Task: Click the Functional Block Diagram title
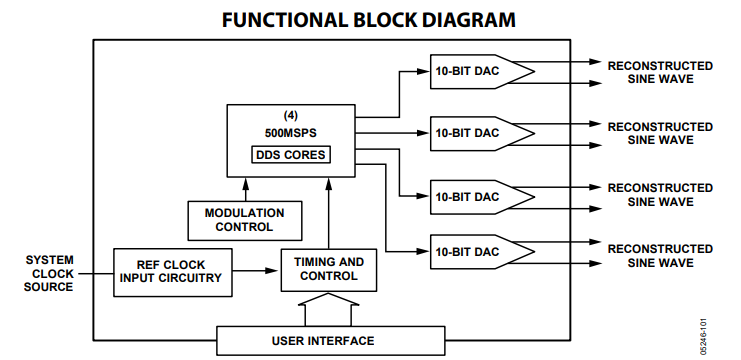coord(370,19)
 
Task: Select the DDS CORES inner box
coord(290,155)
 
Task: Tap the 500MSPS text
coord(290,132)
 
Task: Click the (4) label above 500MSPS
coord(290,115)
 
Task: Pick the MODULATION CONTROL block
coord(244,219)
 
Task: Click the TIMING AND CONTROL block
coord(328,269)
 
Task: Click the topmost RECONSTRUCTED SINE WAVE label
coord(660,72)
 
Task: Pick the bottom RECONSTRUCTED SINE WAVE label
coord(660,255)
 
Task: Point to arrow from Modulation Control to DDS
coord(244,189)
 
